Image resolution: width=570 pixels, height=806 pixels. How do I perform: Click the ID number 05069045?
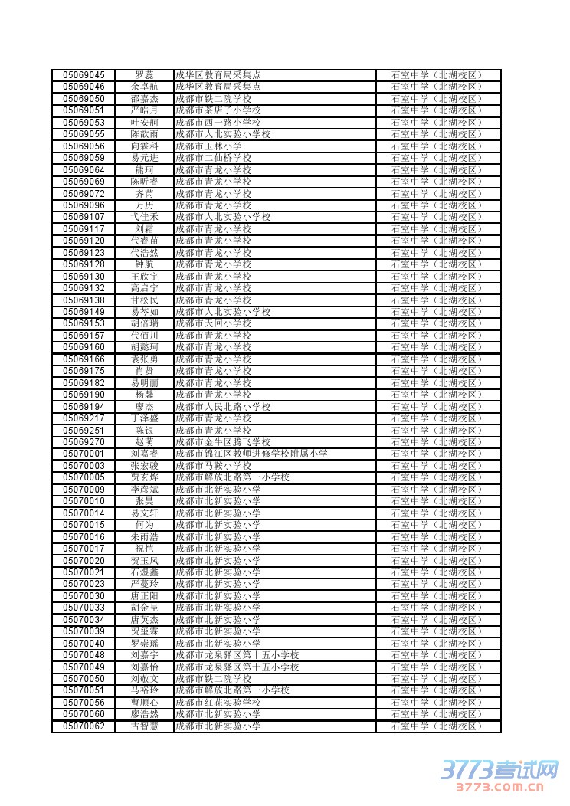click(84, 75)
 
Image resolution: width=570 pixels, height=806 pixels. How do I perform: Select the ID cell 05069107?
click(84, 217)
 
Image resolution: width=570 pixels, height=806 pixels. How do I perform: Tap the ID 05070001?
click(84, 454)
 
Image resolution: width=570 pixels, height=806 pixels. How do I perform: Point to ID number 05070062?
click(84, 726)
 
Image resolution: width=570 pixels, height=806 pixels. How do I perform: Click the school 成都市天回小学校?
click(213, 323)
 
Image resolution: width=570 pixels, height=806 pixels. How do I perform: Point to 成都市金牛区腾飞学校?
click(223, 442)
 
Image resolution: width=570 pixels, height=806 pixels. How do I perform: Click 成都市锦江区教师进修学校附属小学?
click(251, 454)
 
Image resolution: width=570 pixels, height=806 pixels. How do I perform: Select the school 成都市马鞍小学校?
click(213, 466)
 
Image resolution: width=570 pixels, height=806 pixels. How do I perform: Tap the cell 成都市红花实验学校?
click(218, 703)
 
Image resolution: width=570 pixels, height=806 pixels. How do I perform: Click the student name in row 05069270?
click(144, 442)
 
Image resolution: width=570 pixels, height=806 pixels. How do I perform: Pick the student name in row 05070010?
click(144, 501)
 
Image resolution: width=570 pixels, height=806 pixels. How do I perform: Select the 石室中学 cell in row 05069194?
click(437, 407)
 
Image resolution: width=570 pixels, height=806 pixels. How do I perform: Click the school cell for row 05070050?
click(213, 679)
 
